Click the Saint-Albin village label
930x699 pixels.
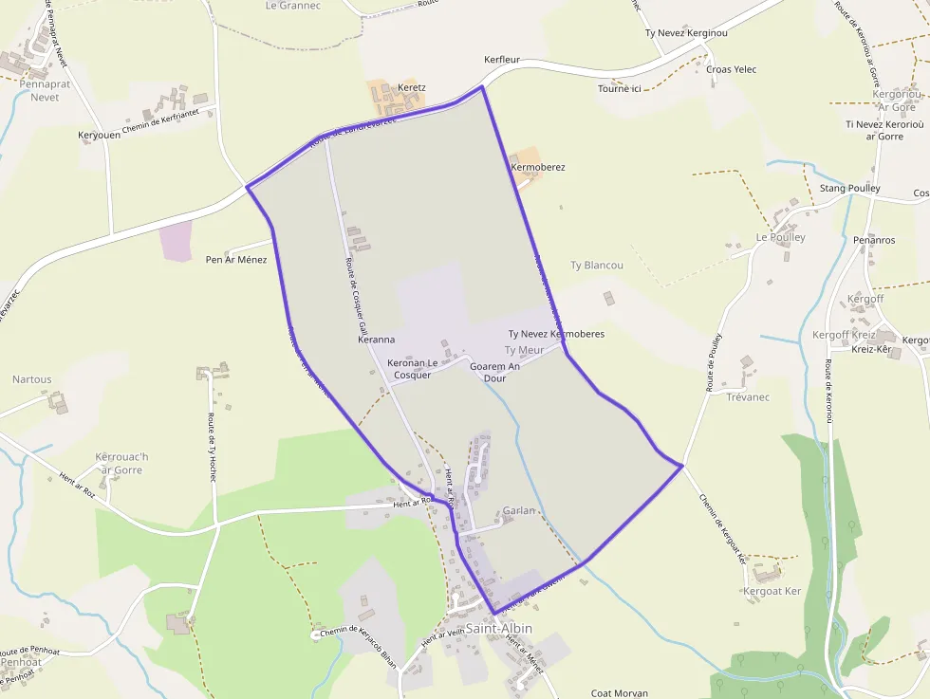point(499,628)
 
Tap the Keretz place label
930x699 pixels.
point(412,87)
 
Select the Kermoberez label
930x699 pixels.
point(538,167)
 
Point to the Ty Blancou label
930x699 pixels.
point(597,266)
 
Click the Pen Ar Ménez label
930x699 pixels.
point(236,259)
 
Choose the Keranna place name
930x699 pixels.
point(377,339)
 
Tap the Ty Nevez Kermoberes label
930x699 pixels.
point(556,334)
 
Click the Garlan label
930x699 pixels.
point(520,510)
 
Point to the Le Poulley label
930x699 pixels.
point(780,237)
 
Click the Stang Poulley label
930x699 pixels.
point(849,189)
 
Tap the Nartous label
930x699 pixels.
point(32,379)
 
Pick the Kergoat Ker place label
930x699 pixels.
point(772,591)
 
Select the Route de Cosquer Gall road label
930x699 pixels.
point(353,294)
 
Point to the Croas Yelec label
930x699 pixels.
point(731,69)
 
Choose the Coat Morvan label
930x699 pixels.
point(619,693)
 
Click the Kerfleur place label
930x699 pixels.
point(502,59)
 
